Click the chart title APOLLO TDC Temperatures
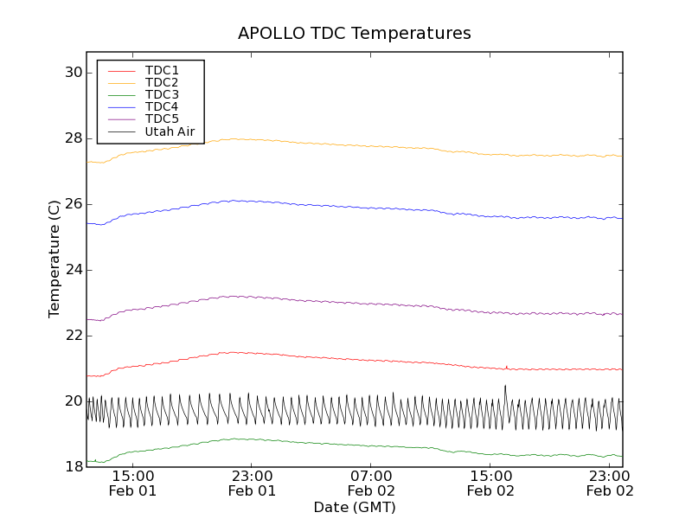pyautogui.click(x=355, y=34)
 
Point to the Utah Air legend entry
pyautogui.click(x=170, y=131)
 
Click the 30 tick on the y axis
pyautogui.click(x=72, y=73)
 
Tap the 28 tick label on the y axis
pyautogui.click(x=72, y=138)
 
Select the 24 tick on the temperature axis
pyautogui.click(x=72, y=270)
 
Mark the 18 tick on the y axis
pyautogui.click(x=72, y=467)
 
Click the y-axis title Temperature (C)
pyautogui.click(x=54, y=259)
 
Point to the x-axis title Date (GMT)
pyautogui.click(x=355, y=507)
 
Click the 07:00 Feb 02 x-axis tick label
pyautogui.click(x=371, y=483)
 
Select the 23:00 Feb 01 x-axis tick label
pyautogui.click(x=252, y=483)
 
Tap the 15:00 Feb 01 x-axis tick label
pyautogui.click(x=132, y=483)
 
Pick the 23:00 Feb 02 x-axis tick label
pyautogui.click(x=610, y=483)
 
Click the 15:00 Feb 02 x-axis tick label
pyautogui.click(x=490, y=483)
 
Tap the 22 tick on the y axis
pyautogui.click(x=72, y=336)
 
